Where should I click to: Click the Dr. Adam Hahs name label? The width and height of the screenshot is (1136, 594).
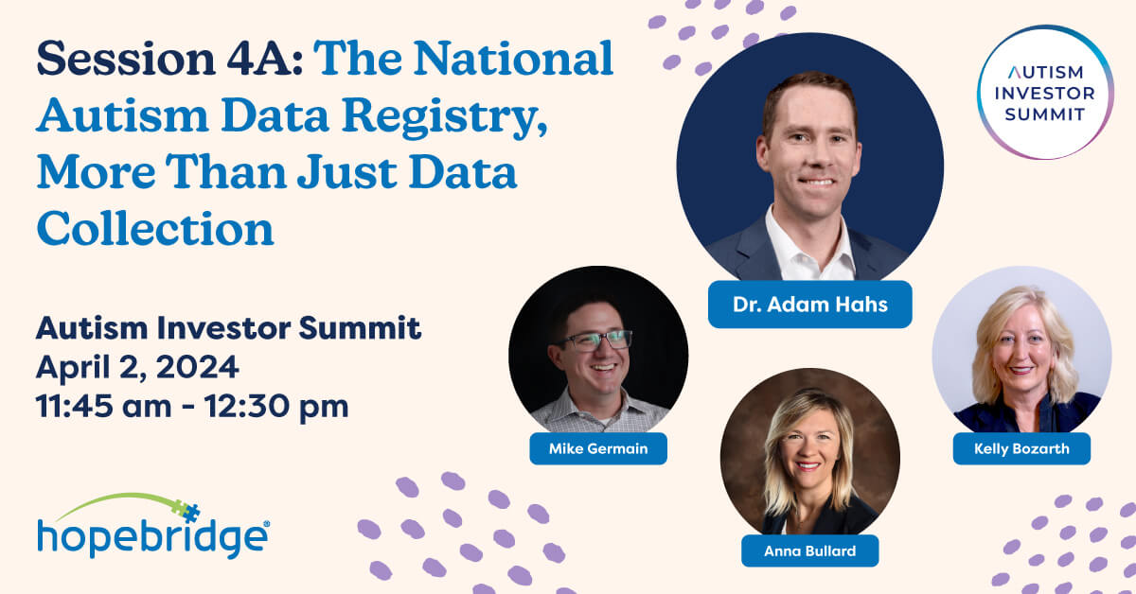click(x=810, y=305)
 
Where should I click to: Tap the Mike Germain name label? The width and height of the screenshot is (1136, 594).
click(x=598, y=448)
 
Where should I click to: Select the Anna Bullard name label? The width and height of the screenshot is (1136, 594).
click(x=810, y=550)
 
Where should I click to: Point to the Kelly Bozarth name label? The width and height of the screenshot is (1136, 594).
click(x=1021, y=448)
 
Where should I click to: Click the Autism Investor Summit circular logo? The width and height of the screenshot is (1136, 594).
click(x=1045, y=93)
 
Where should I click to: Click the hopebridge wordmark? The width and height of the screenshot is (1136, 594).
click(x=152, y=538)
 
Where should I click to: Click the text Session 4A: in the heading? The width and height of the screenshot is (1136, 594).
click(x=169, y=60)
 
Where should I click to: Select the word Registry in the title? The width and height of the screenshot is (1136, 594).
click(x=444, y=117)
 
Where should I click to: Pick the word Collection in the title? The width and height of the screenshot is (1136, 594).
click(x=155, y=229)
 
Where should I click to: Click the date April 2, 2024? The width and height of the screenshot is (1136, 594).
click(x=137, y=367)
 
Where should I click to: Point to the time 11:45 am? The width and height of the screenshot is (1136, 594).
click(x=103, y=407)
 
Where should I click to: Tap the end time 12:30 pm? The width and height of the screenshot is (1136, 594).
click(x=276, y=407)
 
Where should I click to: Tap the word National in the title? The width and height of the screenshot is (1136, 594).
click(x=514, y=60)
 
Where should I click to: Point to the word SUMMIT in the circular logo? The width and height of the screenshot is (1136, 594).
click(x=1045, y=114)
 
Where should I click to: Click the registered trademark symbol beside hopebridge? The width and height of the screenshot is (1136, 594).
click(x=266, y=524)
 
